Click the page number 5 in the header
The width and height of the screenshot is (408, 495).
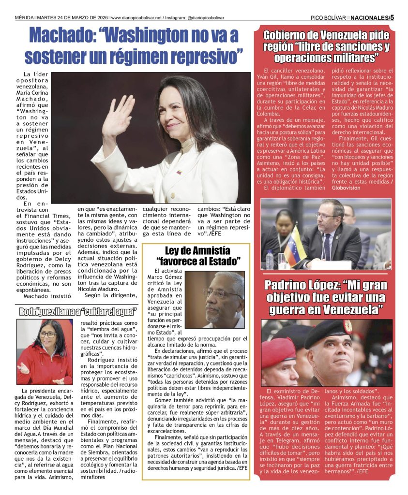pos(392,17)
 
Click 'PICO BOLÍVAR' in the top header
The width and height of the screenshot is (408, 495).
pos(329,17)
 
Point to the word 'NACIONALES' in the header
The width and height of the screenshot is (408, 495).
pos(368,17)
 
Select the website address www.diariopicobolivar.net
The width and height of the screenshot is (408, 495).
pos(136,17)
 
